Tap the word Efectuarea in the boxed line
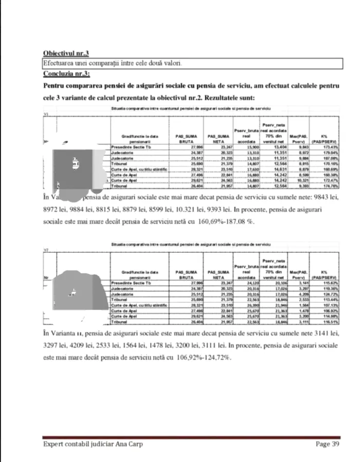click(x=60, y=63)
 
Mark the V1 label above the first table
click(x=46, y=115)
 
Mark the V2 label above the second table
click(x=46, y=250)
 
